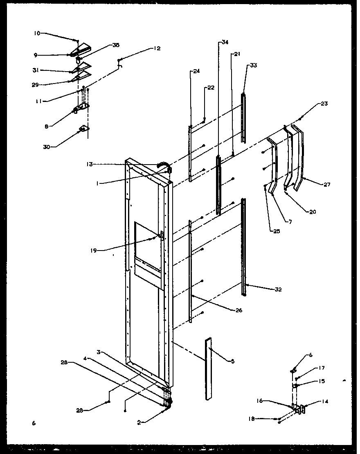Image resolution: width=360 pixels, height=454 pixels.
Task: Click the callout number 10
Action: pyautogui.click(x=37, y=33)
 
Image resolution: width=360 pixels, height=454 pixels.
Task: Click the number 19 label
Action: pyautogui.click(x=94, y=251)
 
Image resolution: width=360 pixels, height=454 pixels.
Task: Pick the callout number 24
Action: pyautogui.click(x=196, y=71)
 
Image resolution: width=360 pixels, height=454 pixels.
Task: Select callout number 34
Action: pyautogui.click(x=225, y=42)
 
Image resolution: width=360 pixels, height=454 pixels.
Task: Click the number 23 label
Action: pyautogui.click(x=324, y=104)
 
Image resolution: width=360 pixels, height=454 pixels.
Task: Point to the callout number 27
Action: pyautogui.click(x=326, y=185)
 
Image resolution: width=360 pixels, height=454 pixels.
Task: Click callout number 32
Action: pyautogui.click(x=279, y=290)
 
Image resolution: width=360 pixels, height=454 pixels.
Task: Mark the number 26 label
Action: pyautogui.click(x=239, y=311)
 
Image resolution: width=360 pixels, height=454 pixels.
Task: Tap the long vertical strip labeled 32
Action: pyautogui.click(x=244, y=246)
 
